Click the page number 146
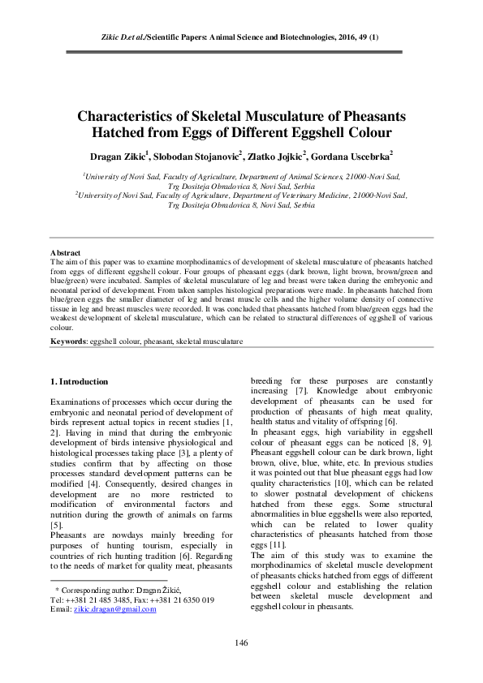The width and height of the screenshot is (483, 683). click(241, 643)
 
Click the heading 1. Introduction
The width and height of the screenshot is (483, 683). click(79, 380)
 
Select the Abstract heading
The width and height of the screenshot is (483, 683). click(65, 253)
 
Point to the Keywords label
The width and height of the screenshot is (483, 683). click(68, 342)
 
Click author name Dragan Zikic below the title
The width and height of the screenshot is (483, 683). click(113, 154)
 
